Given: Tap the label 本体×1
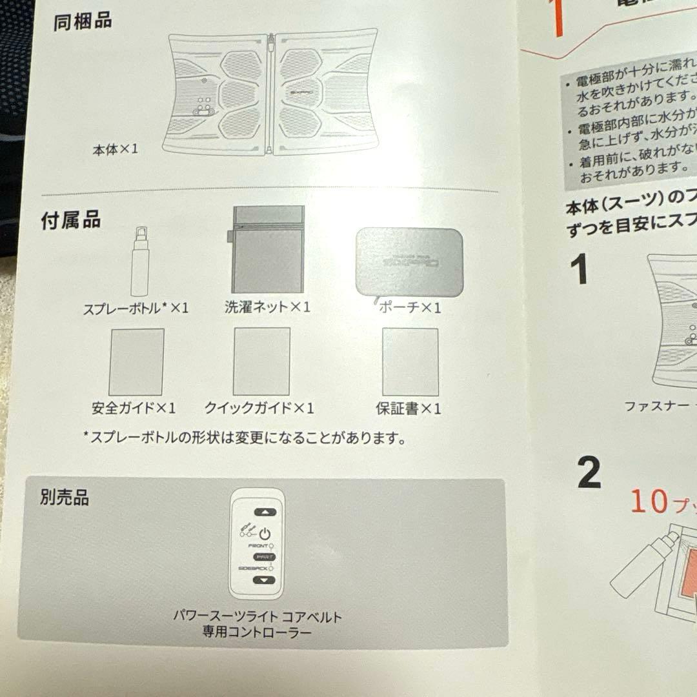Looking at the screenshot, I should click(115, 149).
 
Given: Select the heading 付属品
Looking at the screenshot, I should click(71, 219).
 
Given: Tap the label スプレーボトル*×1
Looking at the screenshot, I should click(136, 308).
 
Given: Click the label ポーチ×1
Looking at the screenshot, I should click(410, 308).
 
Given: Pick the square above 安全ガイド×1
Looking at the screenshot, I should click(136, 361).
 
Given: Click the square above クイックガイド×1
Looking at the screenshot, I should click(261, 361).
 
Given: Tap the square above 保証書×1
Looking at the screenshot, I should click(410, 361).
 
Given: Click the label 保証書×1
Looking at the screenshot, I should click(409, 409).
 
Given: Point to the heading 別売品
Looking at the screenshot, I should click(65, 498).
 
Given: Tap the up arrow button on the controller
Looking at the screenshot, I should click(264, 512).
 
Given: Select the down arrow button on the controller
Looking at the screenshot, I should click(264, 580).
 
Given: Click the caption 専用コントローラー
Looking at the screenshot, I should click(257, 632).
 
